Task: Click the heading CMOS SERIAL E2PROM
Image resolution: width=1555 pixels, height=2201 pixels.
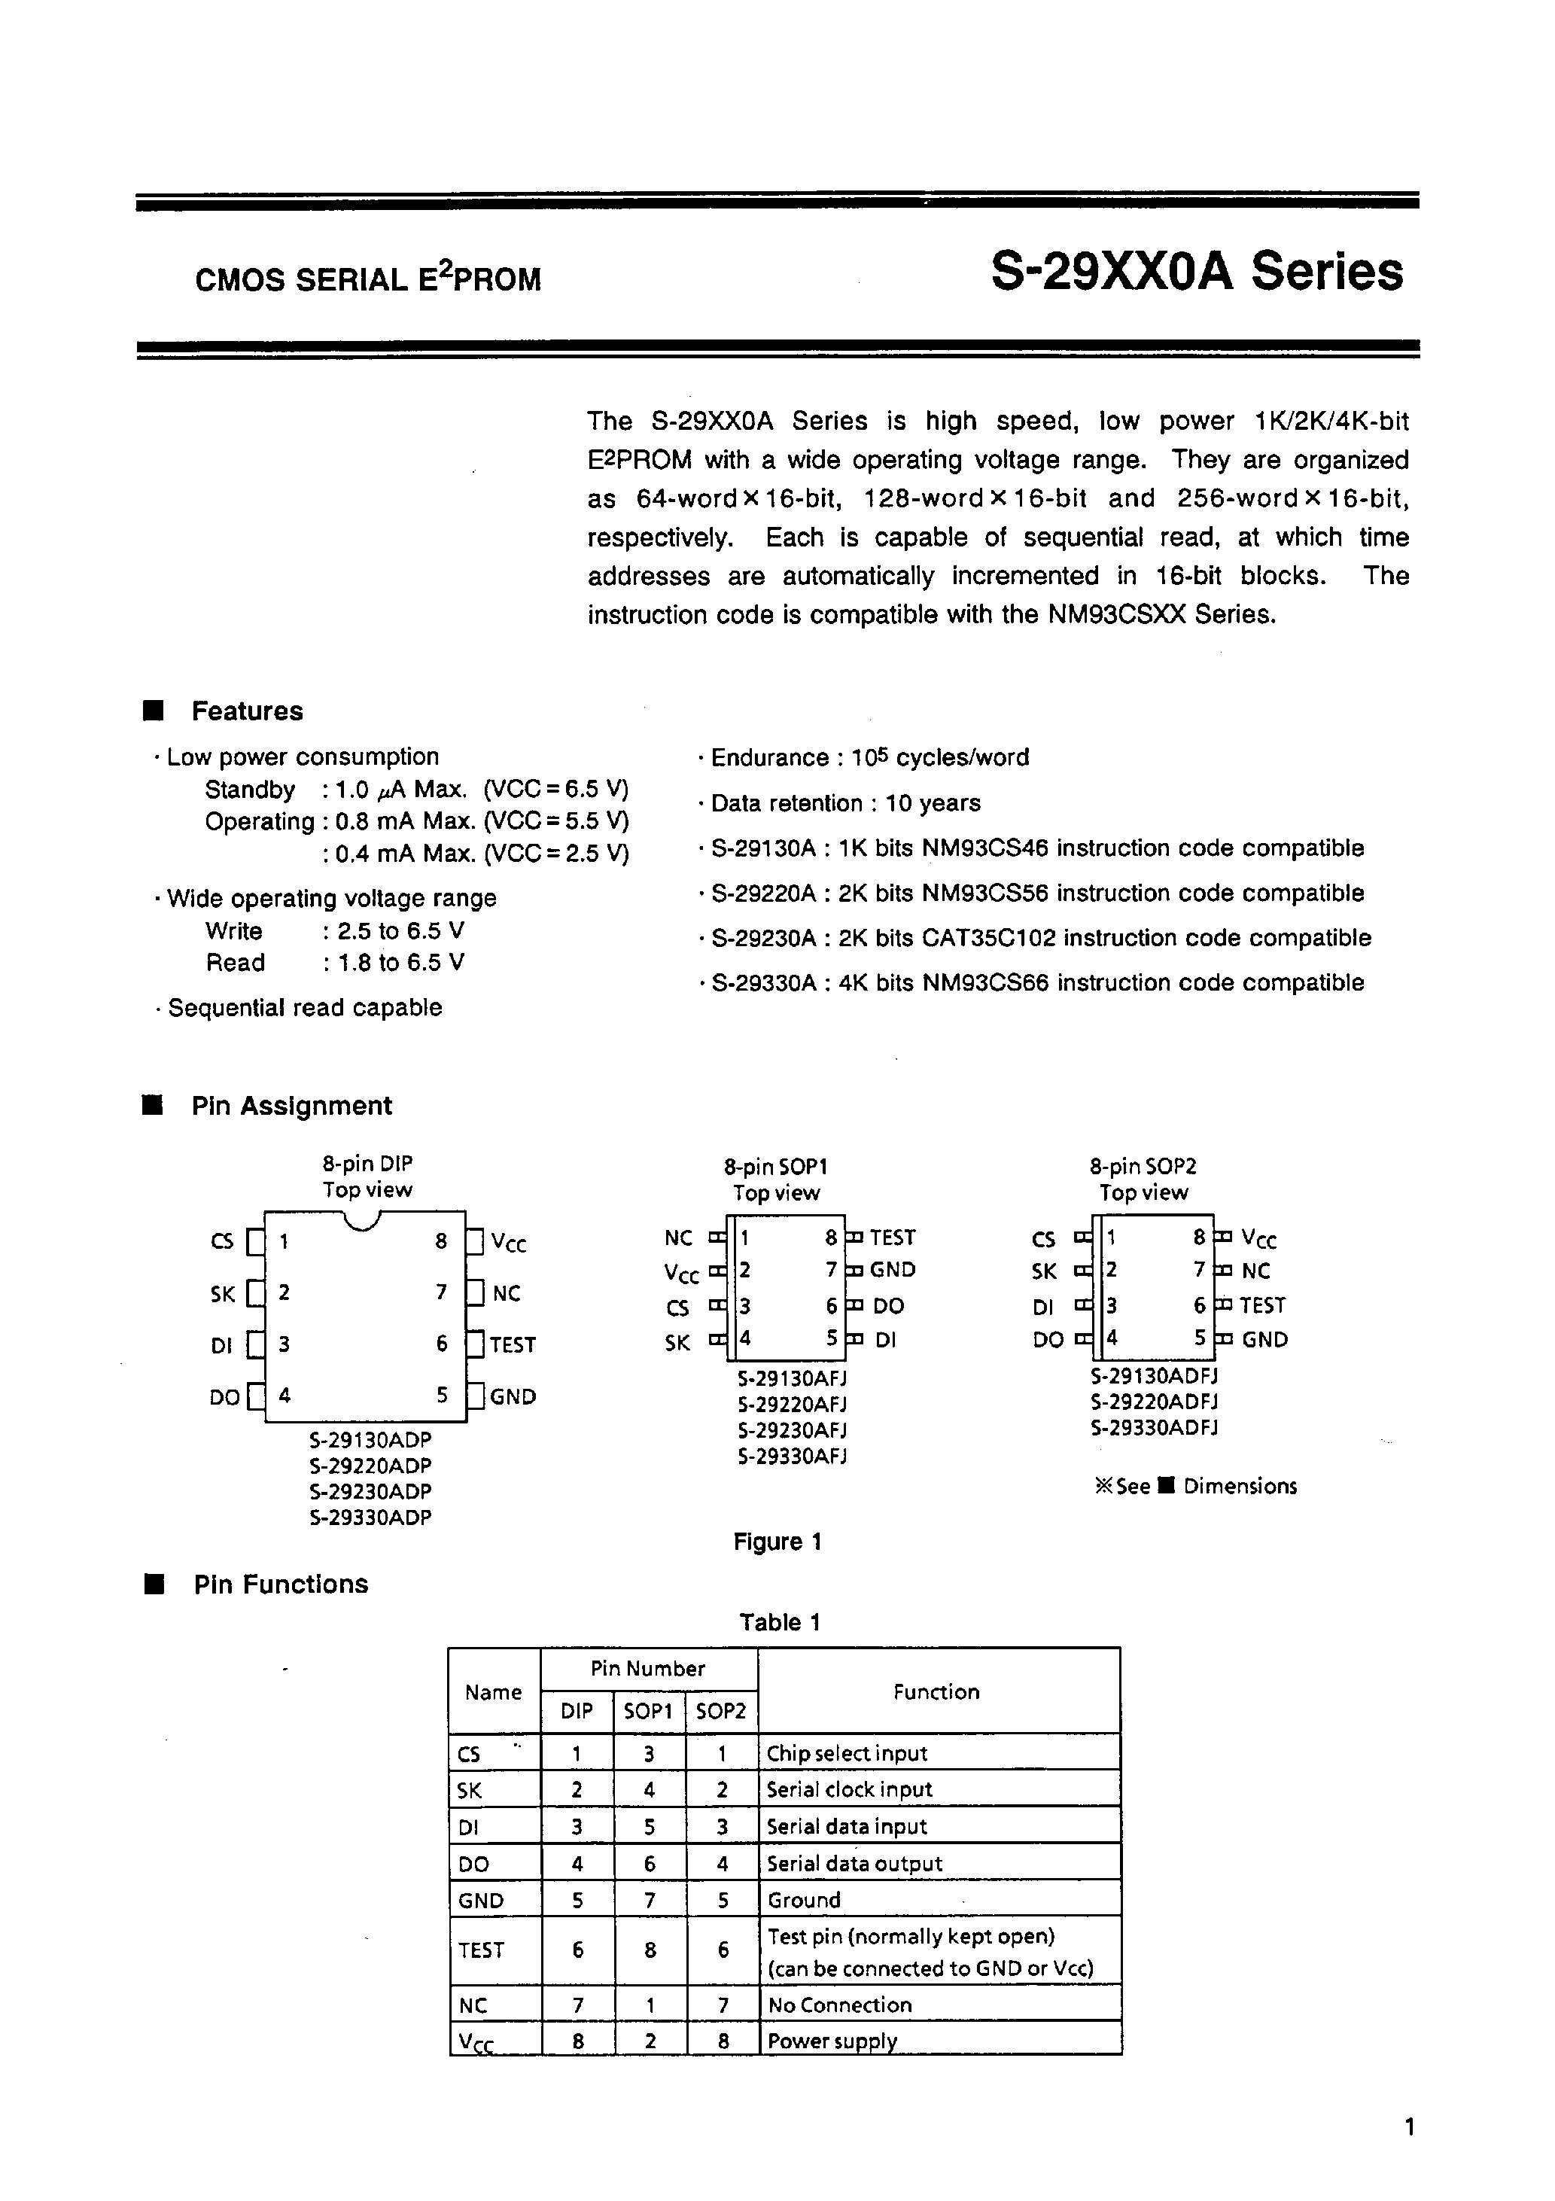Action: click(x=368, y=279)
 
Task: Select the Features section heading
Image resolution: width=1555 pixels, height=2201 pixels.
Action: click(x=246, y=711)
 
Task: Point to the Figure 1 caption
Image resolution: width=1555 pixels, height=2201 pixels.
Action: click(x=777, y=1542)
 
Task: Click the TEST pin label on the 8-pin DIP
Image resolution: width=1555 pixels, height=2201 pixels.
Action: click(x=512, y=1345)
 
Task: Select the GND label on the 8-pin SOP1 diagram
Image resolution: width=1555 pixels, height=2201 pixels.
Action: click(x=893, y=1270)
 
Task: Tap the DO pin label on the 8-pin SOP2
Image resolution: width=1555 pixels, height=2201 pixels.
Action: click(x=1048, y=1340)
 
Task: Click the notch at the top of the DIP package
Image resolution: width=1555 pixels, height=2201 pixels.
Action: click(x=362, y=1220)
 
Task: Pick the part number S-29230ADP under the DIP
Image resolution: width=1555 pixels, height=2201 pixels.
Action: click(x=371, y=1492)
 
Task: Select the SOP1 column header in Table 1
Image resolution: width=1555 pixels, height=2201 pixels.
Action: click(x=649, y=1711)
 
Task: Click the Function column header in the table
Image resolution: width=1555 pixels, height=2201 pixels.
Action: click(x=936, y=1692)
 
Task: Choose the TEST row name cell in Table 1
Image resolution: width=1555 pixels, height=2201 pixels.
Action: click(x=481, y=1950)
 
